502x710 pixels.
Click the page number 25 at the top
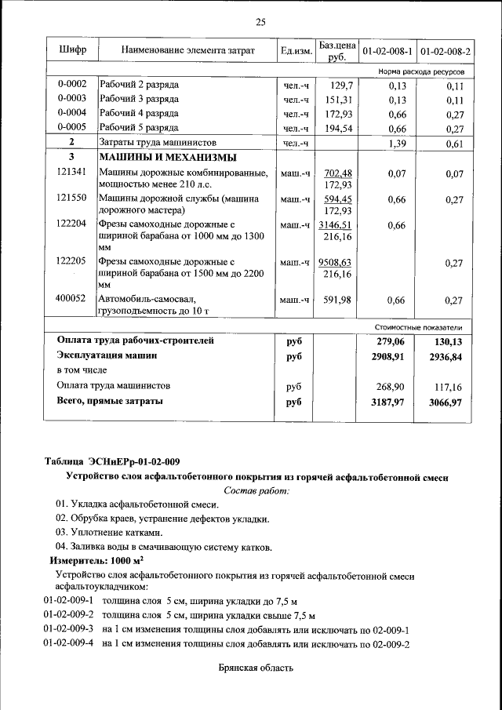coord(260,21)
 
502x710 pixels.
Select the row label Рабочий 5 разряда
coord(139,128)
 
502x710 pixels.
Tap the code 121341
coord(72,173)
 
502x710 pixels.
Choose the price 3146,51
coord(336,225)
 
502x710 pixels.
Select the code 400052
coord(72,299)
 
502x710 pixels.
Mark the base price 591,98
coord(338,299)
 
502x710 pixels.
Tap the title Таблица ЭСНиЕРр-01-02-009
coord(117,461)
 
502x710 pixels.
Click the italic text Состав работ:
coord(256,490)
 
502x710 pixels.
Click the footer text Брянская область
coord(256,668)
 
